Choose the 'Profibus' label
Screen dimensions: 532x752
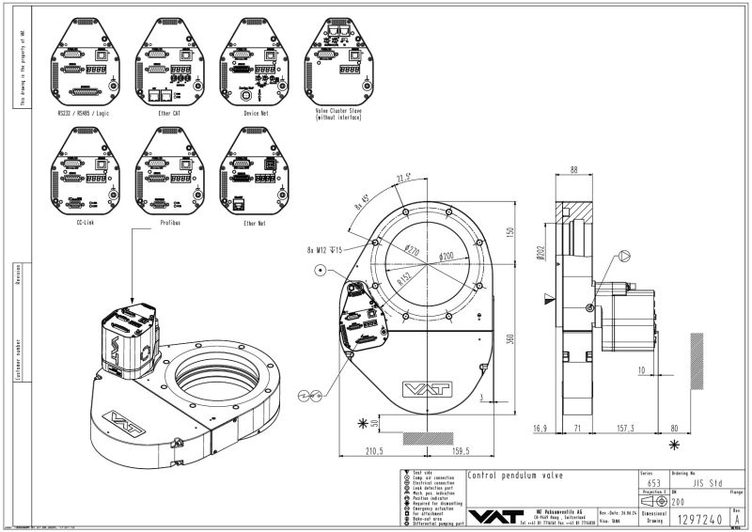pyautogui.click(x=169, y=223)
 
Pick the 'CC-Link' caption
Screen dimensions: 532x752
pyautogui.click(x=83, y=223)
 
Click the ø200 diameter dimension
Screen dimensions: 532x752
pyautogui.click(x=446, y=255)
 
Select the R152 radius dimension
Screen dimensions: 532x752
pyautogui.click(x=405, y=279)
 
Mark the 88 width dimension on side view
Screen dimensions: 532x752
pyautogui.click(x=574, y=169)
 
